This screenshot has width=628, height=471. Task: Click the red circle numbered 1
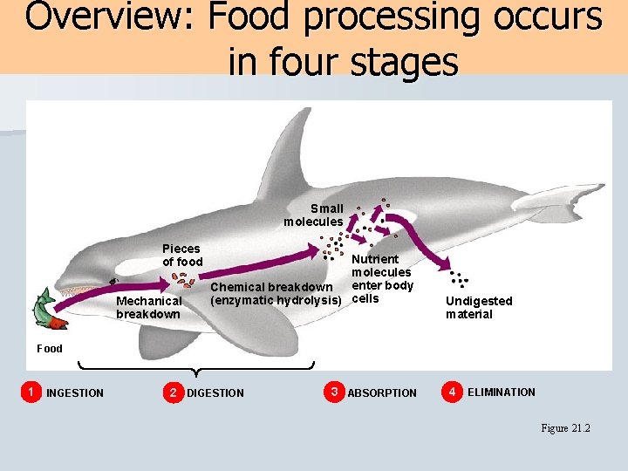click(32, 392)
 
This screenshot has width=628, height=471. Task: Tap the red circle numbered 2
click(174, 392)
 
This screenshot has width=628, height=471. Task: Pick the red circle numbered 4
click(452, 392)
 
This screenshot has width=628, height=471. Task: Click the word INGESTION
click(75, 393)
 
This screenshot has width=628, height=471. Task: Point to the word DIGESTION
click(215, 393)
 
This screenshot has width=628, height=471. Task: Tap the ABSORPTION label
click(382, 393)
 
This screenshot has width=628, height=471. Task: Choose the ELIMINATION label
click(502, 392)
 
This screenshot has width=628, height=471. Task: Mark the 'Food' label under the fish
click(50, 349)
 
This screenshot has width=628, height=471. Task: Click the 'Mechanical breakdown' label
click(148, 308)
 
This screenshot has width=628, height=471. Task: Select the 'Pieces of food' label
click(182, 256)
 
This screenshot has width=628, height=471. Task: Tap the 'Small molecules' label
click(314, 215)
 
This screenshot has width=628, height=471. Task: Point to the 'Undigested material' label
click(479, 308)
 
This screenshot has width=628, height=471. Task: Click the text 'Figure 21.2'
click(566, 428)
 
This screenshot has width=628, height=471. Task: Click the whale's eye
click(113, 281)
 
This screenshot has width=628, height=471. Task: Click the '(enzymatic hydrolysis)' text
click(276, 301)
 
